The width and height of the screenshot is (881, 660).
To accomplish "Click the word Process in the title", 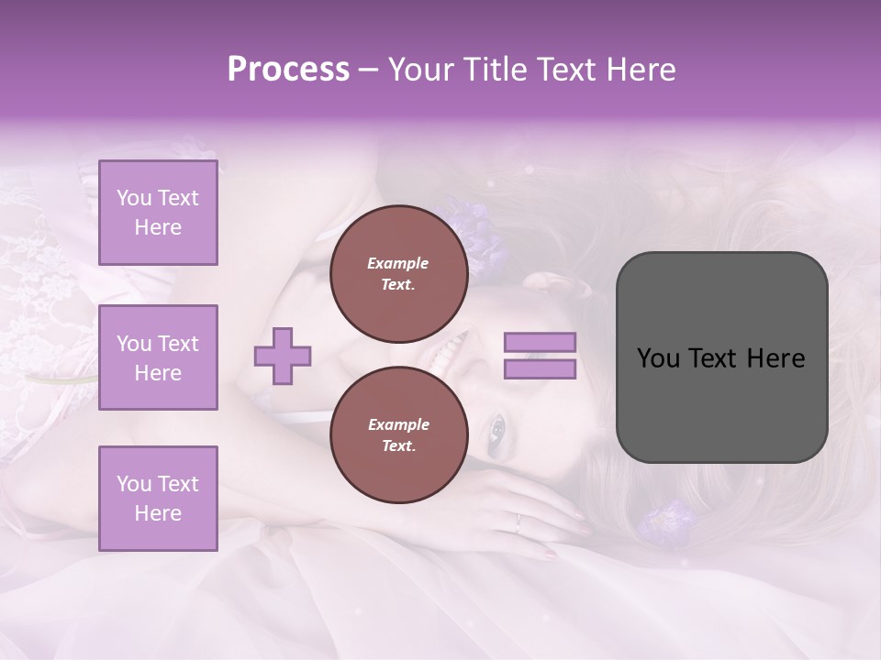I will [288, 70].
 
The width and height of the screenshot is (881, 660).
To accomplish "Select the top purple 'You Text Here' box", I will [158, 213].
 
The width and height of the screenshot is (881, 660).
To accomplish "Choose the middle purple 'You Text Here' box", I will [158, 357].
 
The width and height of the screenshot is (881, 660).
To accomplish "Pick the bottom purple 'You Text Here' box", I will [158, 499].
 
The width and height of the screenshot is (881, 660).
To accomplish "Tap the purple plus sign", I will [283, 357].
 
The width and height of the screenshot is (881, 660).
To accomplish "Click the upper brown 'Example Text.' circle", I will [398, 274].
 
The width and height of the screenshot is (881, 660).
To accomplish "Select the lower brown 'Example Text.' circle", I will [398, 435].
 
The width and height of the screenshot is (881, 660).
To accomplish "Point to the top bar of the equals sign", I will [541, 343].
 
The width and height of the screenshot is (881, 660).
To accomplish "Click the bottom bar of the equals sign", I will [541, 369].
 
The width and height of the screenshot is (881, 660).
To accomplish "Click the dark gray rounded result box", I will [721, 357].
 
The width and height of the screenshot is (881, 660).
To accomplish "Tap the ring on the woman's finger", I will [518, 523].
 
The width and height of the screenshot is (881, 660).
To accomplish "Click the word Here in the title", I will [637, 70].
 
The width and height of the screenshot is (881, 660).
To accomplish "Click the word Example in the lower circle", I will [398, 424].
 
